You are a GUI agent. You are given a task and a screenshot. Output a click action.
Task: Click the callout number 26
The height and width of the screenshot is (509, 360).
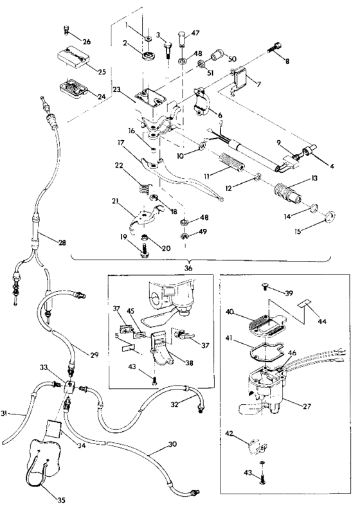86,42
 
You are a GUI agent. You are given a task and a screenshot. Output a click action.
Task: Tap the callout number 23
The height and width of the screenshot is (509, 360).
117,91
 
